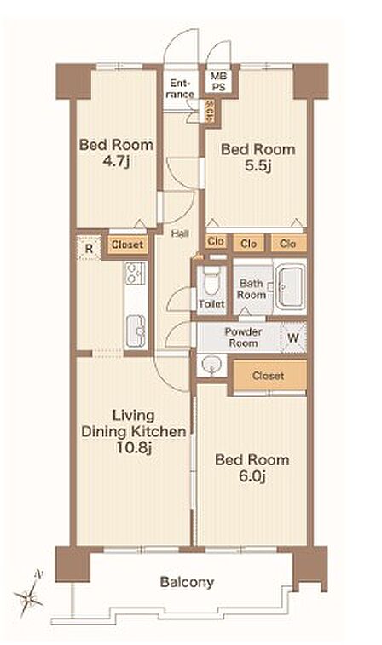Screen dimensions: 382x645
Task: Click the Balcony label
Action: pos(187,583)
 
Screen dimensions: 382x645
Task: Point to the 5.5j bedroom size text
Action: pos(258,166)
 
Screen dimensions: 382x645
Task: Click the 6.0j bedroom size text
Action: pos(252,476)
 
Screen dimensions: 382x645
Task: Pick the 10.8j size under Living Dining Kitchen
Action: pos(133,447)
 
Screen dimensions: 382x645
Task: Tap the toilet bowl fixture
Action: pos(211,280)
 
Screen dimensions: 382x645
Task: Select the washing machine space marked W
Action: pos(293,338)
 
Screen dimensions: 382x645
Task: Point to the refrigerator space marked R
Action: pos(89,248)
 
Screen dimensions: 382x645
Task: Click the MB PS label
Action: pos(218,82)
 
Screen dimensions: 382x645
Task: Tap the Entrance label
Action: pos(180,89)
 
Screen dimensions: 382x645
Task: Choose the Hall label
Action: pos(180,233)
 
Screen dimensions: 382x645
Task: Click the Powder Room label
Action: pos(243,337)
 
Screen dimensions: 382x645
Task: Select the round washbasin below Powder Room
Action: pos(211,365)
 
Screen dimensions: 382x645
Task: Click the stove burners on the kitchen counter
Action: pos(136,274)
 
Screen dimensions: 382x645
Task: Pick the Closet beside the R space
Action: pos(127,245)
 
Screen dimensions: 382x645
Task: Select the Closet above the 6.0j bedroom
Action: pos(269,375)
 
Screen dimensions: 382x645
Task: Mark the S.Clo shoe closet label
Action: pos(209,111)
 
